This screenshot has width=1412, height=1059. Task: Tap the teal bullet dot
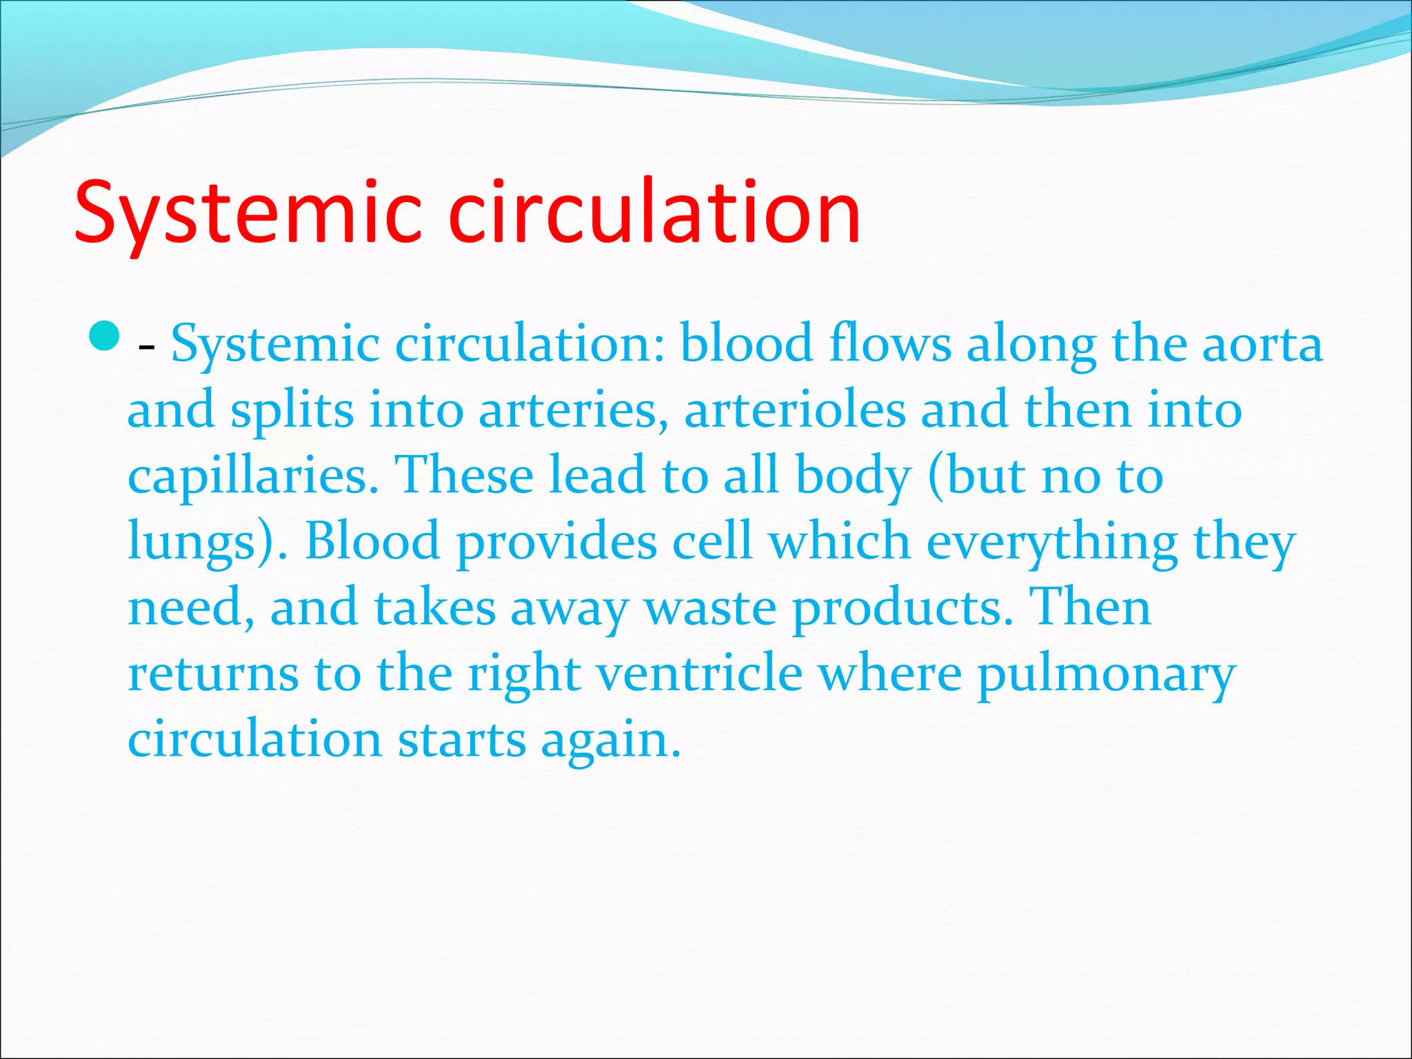pyautogui.click(x=105, y=336)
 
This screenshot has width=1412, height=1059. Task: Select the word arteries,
pyautogui.click(x=573, y=410)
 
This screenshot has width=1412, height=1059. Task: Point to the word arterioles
pyautogui.click(x=794, y=410)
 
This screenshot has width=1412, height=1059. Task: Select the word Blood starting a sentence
pyautogui.click(x=372, y=541)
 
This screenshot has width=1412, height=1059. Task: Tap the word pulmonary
pyautogui.click(x=1106, y=674)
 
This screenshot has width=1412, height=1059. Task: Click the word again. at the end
pyautogui.click(x=610, y=740)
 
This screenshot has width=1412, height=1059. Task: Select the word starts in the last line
pyautogui.click(x=462, y=739)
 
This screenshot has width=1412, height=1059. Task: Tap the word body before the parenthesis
pyautogui.click(x=853, y=476)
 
